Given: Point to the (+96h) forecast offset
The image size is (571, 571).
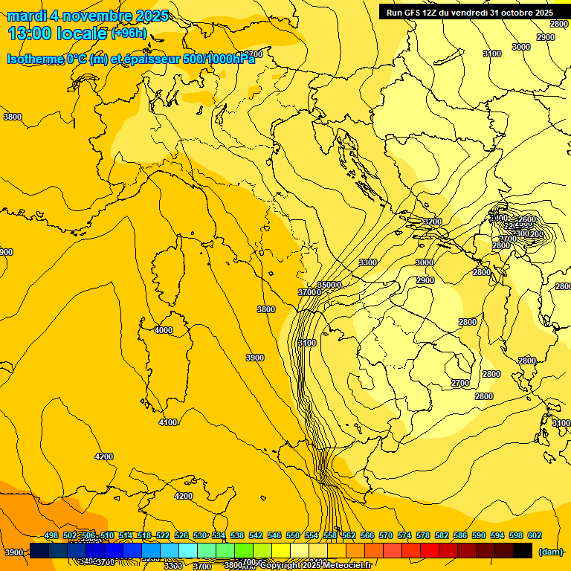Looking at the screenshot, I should pos(129,33).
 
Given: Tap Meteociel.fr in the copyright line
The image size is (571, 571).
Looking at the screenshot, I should pos(353,566).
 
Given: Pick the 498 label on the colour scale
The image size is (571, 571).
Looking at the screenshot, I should pos(52,535).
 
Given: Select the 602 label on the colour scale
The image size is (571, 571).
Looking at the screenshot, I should pos(534,535).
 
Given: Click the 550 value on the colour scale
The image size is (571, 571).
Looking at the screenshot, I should pos(293,535).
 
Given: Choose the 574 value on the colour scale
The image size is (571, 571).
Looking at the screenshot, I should pos(404,535).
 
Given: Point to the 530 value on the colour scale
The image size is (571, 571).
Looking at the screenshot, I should pos(201,535).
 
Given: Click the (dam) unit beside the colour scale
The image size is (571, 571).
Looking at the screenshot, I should pos(550,551).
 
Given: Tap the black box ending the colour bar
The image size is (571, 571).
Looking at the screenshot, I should pos(523,550).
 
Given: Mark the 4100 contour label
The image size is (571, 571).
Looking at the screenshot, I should pos(168,422).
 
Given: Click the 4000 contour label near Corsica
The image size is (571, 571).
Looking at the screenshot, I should pos(163,330).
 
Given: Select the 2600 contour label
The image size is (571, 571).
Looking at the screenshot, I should pos(526,219).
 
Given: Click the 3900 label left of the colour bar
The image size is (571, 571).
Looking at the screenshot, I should pos(14,552).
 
